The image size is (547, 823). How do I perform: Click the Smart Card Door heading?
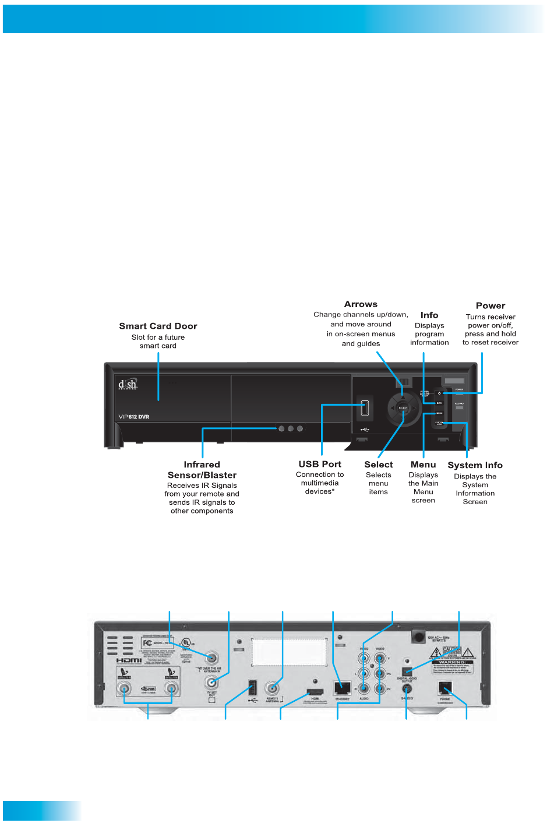point(158,326)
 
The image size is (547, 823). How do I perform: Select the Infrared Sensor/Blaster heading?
point(202,470)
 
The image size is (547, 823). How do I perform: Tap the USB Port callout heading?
point(320,465)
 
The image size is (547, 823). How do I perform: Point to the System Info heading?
point(475,465)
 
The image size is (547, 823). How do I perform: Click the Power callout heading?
point(490,306)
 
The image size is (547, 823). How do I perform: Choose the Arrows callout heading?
point(361,304)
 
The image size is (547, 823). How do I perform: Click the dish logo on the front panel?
point(128,385)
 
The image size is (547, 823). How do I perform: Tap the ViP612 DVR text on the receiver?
point(134,417)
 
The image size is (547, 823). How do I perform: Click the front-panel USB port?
point(365,408)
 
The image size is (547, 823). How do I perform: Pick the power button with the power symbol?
point(440,393)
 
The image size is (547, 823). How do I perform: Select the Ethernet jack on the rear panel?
point(342,688)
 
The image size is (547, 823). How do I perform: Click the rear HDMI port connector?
point(315,692)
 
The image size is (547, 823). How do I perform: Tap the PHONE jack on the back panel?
point(445,688)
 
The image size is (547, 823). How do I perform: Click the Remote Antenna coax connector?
point(272,688)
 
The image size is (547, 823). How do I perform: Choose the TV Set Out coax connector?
point(211,683)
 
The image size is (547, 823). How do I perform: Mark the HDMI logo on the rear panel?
point(129,660)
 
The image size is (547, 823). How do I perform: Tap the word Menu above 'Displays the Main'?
point(424,465)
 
